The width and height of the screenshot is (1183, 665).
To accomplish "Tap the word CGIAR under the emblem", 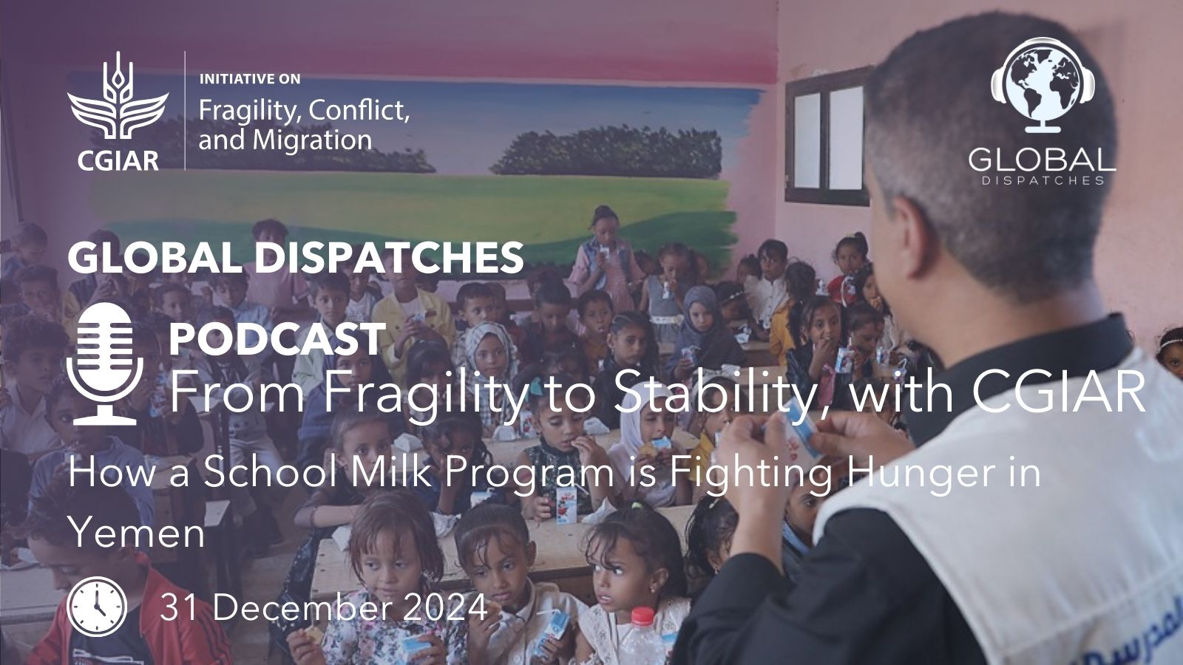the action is point(118,160).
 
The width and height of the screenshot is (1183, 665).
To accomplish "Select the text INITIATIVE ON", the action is point(250,79).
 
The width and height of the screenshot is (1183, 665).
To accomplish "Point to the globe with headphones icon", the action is point(1043,84).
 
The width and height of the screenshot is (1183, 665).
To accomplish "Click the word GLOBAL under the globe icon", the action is point(1042,158).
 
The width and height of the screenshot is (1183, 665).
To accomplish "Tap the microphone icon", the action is point(104,364).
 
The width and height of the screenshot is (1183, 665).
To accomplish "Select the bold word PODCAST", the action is point(277,339).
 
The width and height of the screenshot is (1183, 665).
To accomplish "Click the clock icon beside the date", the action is point(97,607).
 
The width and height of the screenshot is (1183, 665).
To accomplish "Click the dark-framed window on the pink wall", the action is point(827,136).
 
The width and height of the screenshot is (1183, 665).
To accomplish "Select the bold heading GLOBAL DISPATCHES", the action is point(296,258).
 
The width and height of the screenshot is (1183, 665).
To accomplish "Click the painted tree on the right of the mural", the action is point(607,151).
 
